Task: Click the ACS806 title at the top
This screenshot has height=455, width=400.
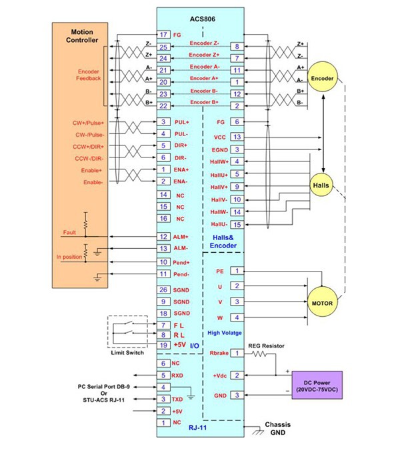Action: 199,18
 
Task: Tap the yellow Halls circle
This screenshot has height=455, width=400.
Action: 321,185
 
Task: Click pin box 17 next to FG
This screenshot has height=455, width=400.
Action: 163,35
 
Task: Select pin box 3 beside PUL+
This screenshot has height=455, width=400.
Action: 163,122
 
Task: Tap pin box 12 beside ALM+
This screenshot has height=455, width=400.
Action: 163,237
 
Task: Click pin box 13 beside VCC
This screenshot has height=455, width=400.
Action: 237,136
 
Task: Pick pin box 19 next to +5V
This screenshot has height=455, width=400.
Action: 163,345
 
